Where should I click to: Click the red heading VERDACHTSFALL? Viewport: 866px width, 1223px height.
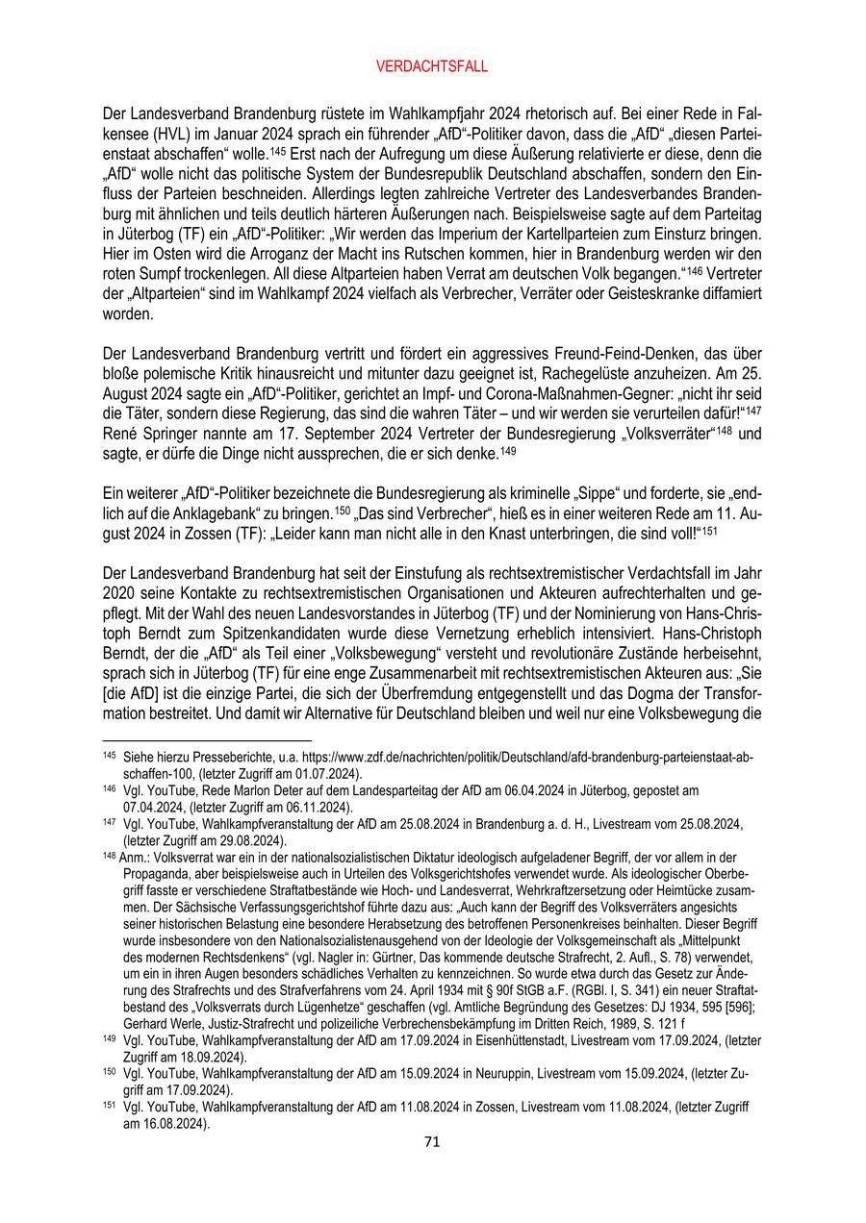pyautogui.click(x=432, y=66)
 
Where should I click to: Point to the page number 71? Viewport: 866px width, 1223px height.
pyautogui.click(x=432, y=1142)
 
